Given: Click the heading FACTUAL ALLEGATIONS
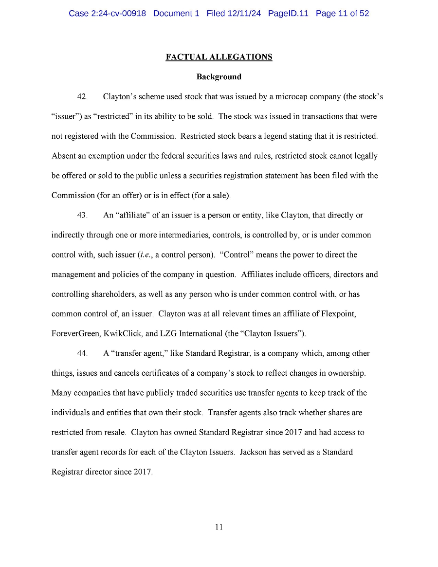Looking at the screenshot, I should click(219, 57).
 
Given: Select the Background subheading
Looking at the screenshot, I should click(219, 77).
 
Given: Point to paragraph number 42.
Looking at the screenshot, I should click(82, 97).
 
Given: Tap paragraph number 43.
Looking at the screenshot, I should click(82, 215).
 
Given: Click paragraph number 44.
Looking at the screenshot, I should click(82, 353).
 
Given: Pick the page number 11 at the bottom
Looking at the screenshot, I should click(219, 527).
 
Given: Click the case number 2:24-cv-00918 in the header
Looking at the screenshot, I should click(118, 14).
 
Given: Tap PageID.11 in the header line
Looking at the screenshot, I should click(288, 14).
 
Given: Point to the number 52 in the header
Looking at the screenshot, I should click(364, 14).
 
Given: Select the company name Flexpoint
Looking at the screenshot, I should click(338, 314).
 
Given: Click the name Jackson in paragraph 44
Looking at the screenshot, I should click(254, 452).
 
